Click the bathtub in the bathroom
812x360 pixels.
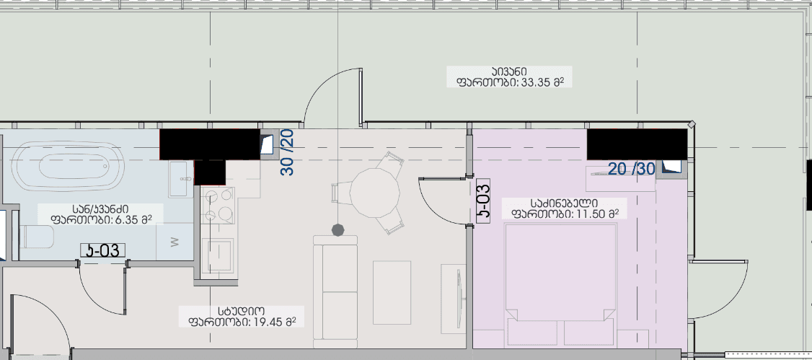tap(69, 167)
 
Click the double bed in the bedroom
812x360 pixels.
tap(561, 281)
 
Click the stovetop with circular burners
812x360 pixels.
tap(217, 206)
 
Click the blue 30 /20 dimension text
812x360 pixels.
tap(287, 152)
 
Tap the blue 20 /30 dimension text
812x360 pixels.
tap(631, 169)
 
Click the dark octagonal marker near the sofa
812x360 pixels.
tap(337, 229)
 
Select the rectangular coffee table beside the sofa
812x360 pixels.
tap(392, 291)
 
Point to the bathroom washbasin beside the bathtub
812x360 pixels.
tap(181, 177)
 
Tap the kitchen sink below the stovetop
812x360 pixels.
tap(217, 253)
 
